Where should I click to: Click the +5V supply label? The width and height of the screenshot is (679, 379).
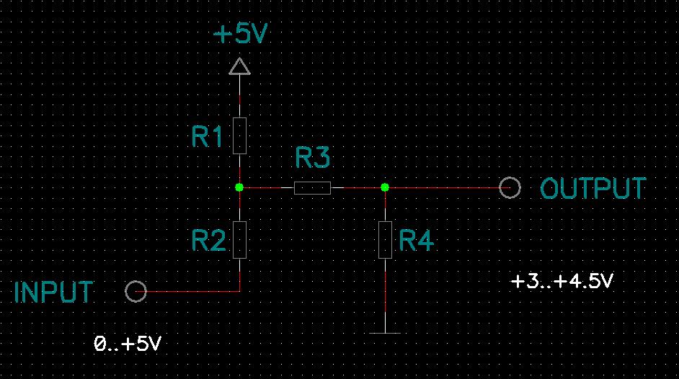(x=241, y=33)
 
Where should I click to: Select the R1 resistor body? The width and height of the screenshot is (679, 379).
(x=239, y=136)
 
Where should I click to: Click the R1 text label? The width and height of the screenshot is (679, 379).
(x=207, y=136)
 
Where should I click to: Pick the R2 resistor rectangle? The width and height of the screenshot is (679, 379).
(x=239, y=240)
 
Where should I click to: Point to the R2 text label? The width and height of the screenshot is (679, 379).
(x=209, y=241)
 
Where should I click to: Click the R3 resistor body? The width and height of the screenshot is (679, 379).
(x=312, y=188)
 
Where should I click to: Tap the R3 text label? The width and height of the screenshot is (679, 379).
(x=312, y=158)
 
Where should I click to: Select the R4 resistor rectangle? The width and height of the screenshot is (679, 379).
(x=385, y=240)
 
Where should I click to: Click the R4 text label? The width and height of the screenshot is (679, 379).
(x=416, y=241)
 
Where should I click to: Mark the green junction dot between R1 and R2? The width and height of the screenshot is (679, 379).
(x=239, y=187)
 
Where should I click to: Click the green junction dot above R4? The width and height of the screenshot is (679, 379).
(x=385, y=187)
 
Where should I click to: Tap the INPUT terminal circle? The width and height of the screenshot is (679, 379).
(x=136, y=281)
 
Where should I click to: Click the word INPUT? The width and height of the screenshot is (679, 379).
(x=53, y=292)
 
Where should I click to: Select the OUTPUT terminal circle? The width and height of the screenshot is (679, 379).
(x=510, y=177)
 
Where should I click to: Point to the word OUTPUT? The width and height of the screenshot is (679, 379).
(x=593, y=188)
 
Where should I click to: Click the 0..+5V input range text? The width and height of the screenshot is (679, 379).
(x=128, y=344)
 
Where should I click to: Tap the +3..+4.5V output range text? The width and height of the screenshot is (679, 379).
(x=562, y=281)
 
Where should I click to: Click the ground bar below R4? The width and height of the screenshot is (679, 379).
(x=385, y=333)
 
